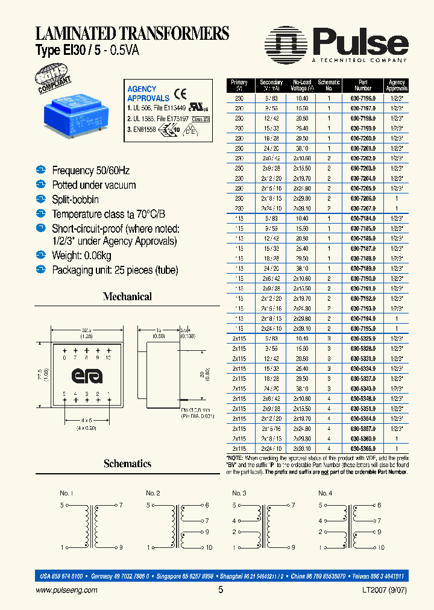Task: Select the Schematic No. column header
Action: tap(329, 85)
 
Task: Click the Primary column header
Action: tap(239, 85)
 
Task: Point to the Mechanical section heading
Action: tap(127, 297)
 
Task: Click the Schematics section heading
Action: tap(127, 464)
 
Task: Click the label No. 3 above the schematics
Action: tap(239, 493)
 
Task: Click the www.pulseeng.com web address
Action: tap(67, 591)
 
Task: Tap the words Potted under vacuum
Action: tap(94, 185)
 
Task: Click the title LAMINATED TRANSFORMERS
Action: tap(132, 33)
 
